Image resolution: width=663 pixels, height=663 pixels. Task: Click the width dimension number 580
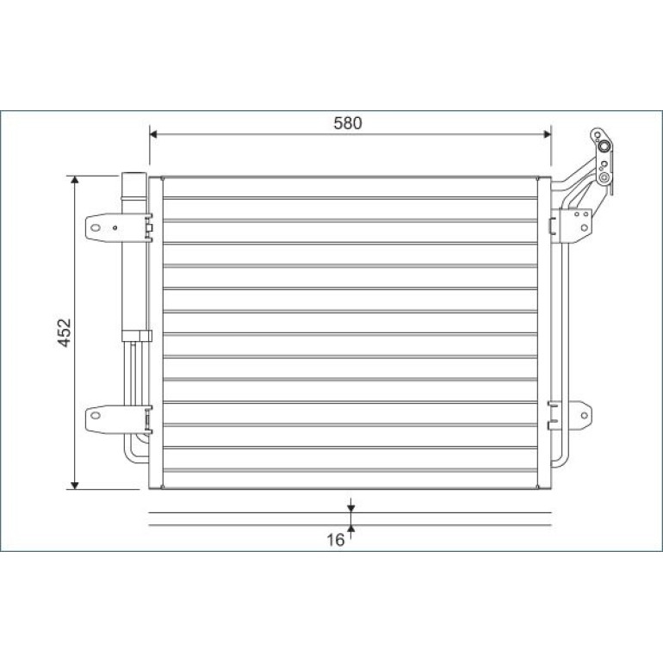pyautogui.click(x=348, y=123)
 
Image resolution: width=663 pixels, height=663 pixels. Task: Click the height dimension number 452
pyautogui.click(x=65, y=332)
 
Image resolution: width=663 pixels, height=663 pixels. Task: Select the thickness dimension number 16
pyautogui.click(x=335, y=540)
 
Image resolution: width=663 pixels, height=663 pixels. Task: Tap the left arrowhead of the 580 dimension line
pyautogui.click(x=153, y=134)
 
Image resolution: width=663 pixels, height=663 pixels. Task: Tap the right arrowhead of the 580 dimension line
pyautogui.click(x=547, y=134)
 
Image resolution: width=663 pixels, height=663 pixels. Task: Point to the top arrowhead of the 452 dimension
pyautogui.click(x=75, y=180)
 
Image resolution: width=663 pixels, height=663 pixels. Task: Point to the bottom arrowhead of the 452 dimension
pyautogui.click(x=75, y=486)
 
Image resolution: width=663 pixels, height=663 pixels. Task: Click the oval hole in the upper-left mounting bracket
pyautogui.click(x=96, y=228)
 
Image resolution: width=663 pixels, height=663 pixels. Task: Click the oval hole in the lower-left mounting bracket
pyautogui.click(x=96, y=415)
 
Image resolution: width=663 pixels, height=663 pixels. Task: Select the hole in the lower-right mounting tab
pyautogui.click(x=585, y=415)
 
